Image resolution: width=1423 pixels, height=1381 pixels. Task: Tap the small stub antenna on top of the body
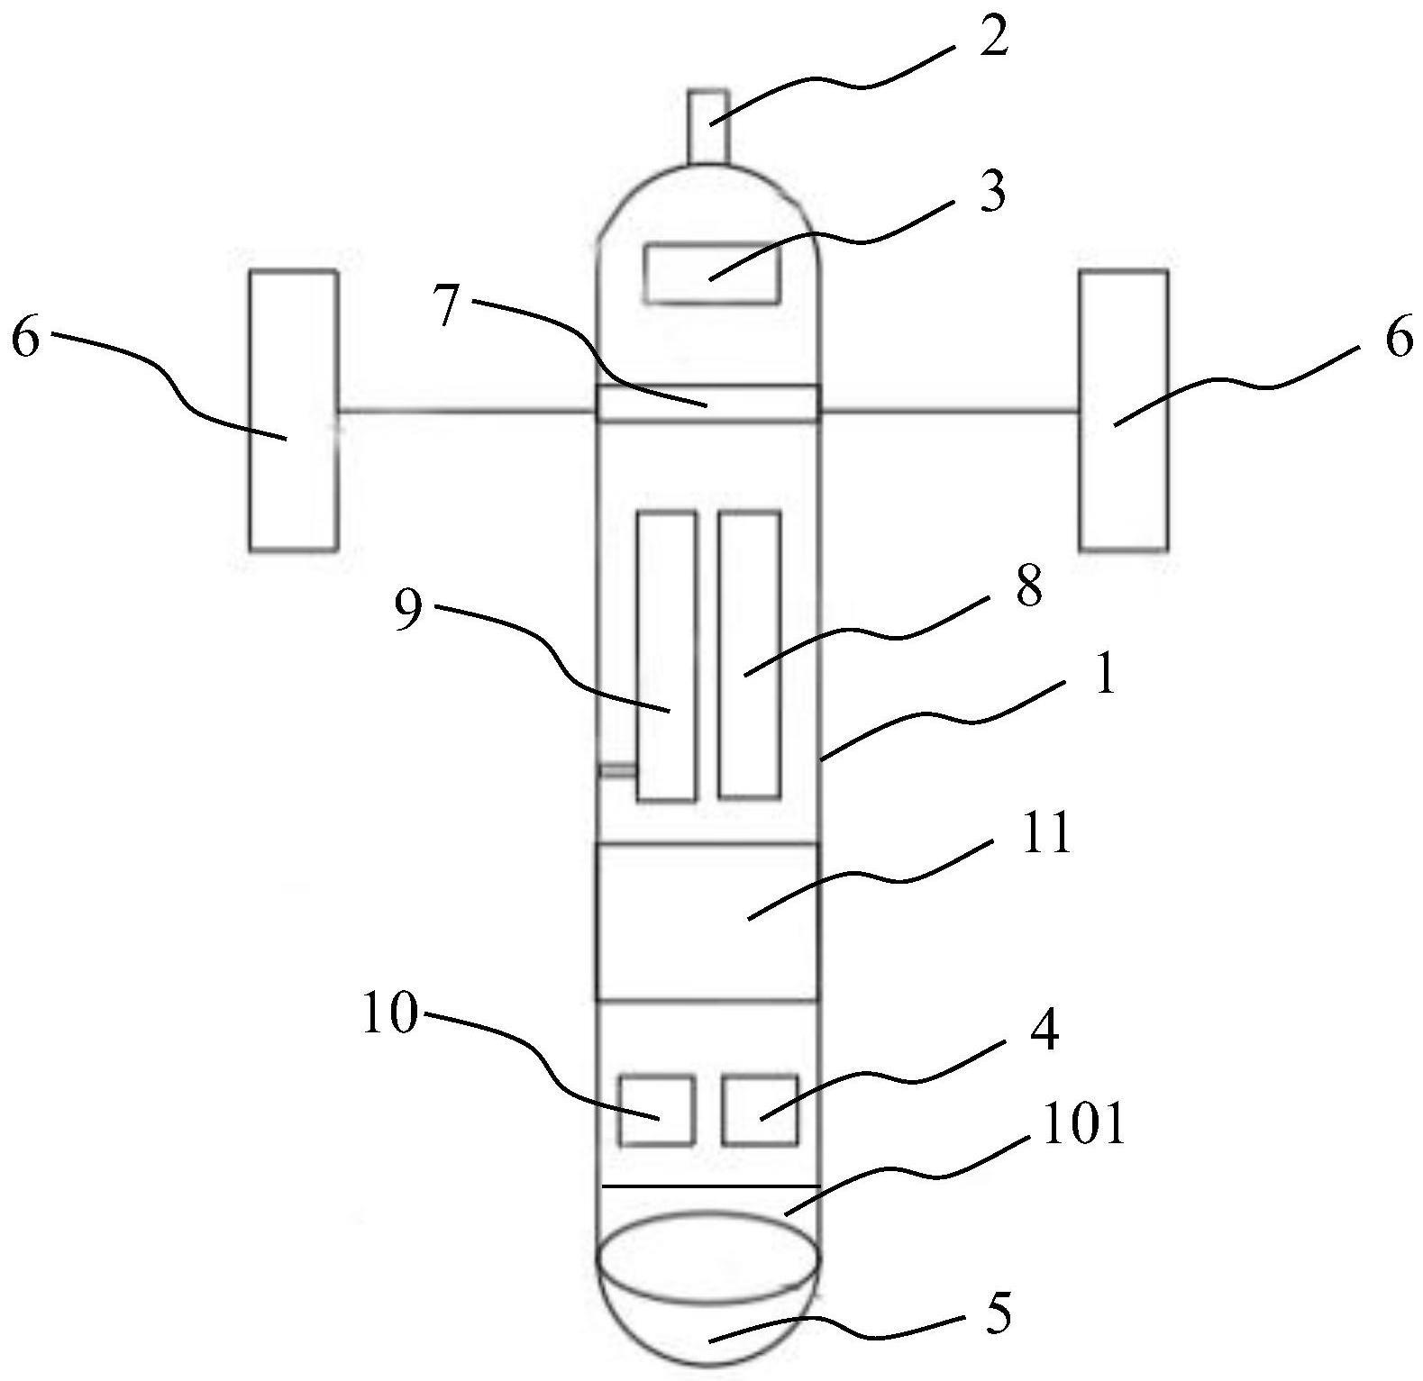[x=707, y=126]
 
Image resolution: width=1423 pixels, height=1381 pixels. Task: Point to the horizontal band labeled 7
[x=708, y=402]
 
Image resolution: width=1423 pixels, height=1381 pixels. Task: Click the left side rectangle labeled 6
[x=293, y=410]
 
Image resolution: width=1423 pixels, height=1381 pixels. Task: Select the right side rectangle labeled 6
[x=1124, y=410]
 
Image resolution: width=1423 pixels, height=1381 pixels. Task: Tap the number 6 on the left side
[x=26, y=341]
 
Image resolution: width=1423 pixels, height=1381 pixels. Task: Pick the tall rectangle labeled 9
[x=666, y=655]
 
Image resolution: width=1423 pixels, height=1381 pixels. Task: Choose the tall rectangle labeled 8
[x=749, y=655]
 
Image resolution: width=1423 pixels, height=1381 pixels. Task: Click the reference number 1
[x=1104, y=676]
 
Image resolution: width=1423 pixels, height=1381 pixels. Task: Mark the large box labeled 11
[x=707, y=922]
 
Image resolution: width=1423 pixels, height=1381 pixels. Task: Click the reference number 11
[x=1046, y=834]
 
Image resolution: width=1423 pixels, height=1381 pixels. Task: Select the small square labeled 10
[x=657, y=1110]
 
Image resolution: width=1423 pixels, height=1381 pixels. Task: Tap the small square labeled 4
[x=760, y=1110]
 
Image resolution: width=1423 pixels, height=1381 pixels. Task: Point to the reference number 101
[x=1082, y=1125]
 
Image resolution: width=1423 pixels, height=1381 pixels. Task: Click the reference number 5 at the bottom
[x=997, y=1313]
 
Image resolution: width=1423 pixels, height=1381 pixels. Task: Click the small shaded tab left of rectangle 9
[x=618, y=770]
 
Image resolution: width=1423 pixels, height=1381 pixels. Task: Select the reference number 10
[x=391, y=1015]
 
